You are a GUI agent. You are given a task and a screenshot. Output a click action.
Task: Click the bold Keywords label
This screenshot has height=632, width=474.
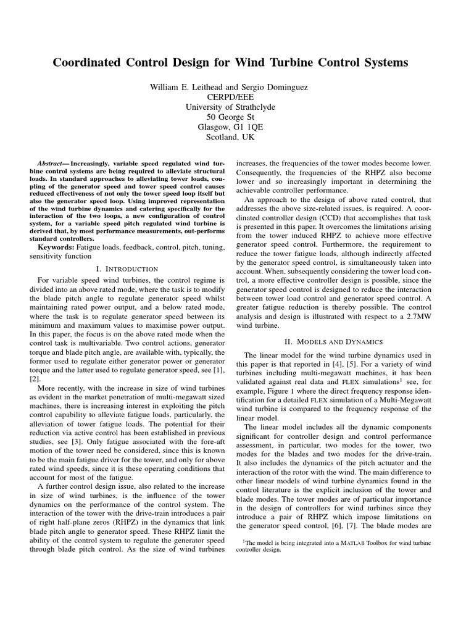click(54, 247)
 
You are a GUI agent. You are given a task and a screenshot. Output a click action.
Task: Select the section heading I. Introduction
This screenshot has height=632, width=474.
click(128, 269)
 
